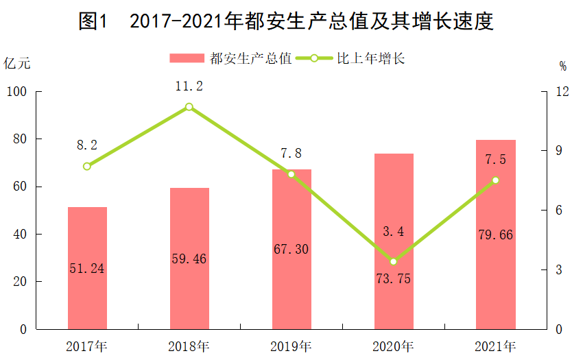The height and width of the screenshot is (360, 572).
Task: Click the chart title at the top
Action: pos(286,21)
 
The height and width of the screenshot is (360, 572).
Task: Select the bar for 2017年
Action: pos(87,268)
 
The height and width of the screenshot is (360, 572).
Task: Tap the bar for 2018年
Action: pos(189,259)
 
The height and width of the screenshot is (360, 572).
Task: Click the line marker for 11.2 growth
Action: pos(189,107)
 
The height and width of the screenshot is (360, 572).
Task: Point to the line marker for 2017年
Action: pos(87,167)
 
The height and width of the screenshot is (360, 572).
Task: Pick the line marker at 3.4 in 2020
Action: pos(393,261)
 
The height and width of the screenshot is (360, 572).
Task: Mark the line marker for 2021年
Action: pos(495,180)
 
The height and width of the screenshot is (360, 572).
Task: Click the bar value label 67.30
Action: pos(291,249)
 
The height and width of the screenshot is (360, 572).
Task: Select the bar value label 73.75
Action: pos(393,278)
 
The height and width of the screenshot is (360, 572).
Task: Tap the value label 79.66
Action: pos(495,235)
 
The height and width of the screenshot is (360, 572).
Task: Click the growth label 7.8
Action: pos(291,153)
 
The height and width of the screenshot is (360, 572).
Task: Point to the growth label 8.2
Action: pos(87,145)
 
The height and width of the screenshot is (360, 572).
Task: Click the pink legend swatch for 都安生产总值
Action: pos(187,58)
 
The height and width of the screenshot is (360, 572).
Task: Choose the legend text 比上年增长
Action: pos(370,58)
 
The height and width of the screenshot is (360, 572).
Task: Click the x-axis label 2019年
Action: pos(291,346)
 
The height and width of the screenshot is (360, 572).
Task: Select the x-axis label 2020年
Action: pos(393,346)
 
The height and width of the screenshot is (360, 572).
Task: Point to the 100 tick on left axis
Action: pos(16,92)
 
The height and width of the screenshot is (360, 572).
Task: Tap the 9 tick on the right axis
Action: pos(559,151)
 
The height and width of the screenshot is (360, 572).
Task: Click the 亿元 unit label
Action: pos(16,64)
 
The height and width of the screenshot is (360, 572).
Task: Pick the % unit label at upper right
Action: pos(563,66)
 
